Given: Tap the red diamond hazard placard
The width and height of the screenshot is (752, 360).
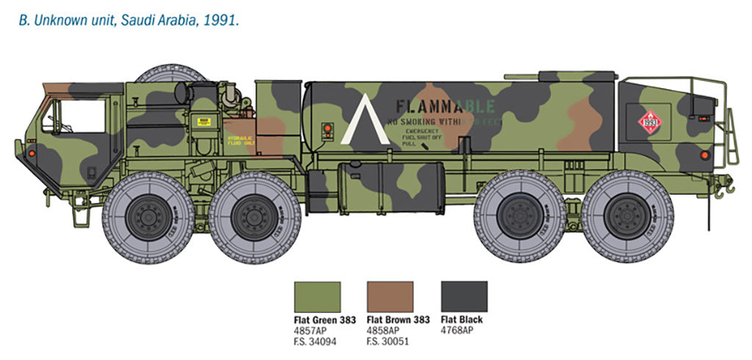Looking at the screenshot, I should pos(648,120).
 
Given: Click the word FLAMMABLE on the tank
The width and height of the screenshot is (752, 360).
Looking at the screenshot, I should pos(445,105).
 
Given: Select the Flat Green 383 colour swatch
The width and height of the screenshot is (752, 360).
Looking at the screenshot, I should pos(317,297).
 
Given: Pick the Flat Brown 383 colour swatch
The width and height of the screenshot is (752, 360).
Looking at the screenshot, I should pos(390,297).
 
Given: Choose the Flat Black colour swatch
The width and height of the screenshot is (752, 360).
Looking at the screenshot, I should pos(463,297).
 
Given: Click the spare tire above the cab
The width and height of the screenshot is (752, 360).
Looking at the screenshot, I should pos(170,73).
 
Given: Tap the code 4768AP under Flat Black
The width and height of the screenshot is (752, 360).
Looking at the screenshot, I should pos(457,330).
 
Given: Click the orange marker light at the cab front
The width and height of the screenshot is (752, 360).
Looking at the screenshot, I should pos(32,153).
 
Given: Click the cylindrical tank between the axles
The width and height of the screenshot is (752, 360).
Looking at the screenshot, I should pos(390,187).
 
